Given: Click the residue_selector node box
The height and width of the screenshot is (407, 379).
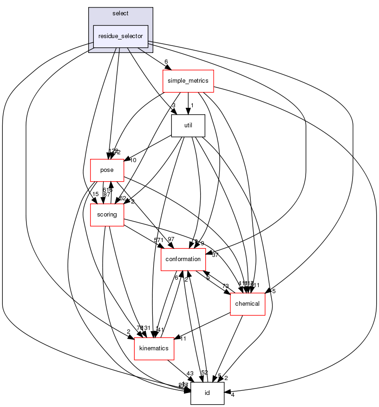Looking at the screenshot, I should [x=121, y=36].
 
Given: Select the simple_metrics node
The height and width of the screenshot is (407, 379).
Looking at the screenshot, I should [x=188, y=81].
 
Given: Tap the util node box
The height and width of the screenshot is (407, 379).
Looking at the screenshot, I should [x=188, y=125].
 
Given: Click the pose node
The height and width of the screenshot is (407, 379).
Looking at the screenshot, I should [x=107, y=170].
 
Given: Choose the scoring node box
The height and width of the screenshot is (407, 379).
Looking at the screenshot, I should [x=106, y=215].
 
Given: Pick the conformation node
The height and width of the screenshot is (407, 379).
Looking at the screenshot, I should [x=183, y=259].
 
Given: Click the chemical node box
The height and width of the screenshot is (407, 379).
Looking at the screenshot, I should [x=248, y=304].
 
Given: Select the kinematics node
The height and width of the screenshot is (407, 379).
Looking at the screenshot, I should [x=154, y=348].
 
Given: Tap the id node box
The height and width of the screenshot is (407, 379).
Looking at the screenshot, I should [x=207, y=393].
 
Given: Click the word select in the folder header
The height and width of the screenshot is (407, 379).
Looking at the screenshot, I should [x=120, y=13].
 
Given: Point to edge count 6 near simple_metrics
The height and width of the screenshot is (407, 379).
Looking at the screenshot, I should [x=165, y=62].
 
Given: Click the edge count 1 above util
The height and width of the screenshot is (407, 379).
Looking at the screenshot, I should [x=191, y=105].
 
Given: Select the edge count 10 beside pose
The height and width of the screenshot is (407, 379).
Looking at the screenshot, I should [x=133, y=160].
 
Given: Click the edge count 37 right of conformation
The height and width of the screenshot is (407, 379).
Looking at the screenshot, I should [x=215, y=255].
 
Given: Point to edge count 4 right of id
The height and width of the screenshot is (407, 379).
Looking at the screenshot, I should [x=233, y=395].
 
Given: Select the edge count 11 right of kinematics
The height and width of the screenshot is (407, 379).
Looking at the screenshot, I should [x=183, y=338].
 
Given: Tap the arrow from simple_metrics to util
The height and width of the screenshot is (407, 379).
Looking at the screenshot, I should [x=188, y=103].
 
